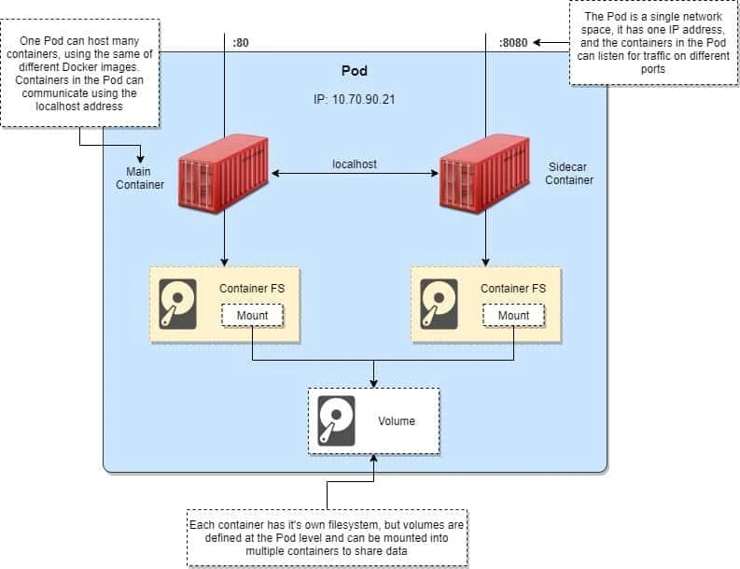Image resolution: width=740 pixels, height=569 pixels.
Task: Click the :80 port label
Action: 241,42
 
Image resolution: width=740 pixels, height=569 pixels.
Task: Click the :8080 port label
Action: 512,42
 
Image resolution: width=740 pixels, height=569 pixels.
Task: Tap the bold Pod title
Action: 355,71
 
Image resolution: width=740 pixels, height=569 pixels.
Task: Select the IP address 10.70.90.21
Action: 355,97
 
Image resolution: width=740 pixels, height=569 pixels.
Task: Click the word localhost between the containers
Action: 355,164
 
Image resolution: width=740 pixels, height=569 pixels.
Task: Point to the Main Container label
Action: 140,178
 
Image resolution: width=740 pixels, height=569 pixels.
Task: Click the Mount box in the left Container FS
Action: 252,316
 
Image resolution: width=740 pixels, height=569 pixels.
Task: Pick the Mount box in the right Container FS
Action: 513,316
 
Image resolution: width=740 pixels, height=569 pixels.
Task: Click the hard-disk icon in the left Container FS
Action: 177,303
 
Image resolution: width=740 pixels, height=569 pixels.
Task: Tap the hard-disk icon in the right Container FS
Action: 439,303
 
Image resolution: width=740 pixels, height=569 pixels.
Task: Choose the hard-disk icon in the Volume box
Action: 336,420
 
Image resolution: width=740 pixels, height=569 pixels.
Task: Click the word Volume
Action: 396,421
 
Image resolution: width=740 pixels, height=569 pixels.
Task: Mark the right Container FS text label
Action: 513,288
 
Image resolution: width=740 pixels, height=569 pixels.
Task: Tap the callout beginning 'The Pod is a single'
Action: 653,43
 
